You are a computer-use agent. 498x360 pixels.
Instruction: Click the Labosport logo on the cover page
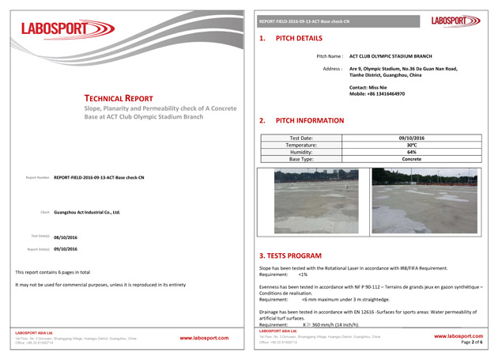coord(67,30)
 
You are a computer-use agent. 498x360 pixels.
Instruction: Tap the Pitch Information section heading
coord(309,120)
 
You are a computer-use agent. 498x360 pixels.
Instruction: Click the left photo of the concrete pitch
coord(315,201)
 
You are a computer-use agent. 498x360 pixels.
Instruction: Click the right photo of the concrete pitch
coord(424,200)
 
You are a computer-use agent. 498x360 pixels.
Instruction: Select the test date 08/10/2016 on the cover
coord(65,237)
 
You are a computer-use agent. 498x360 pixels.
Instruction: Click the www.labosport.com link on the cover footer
coord(204,338)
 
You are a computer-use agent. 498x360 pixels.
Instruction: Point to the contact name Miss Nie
coord(368,86)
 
